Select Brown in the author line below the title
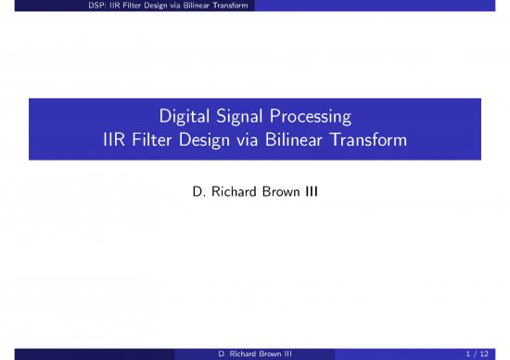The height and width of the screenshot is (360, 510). click(x=279, y=196)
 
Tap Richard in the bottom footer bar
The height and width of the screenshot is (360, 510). click(x=234, y=353)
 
